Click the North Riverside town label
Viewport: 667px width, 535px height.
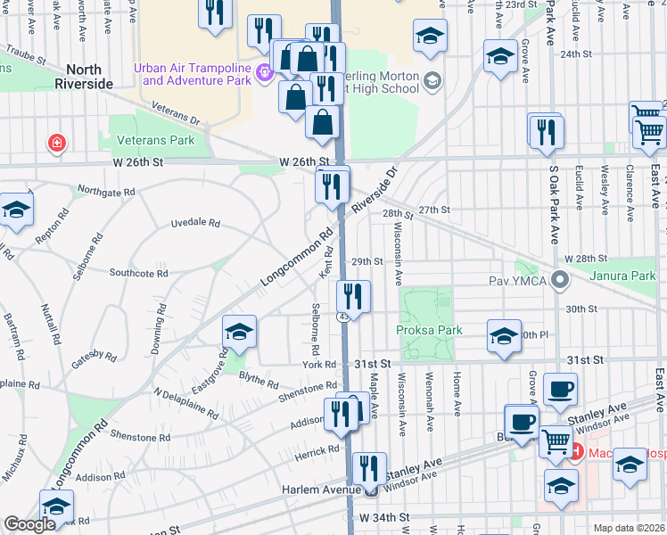coord(89,77)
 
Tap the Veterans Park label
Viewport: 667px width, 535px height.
coord(156,141)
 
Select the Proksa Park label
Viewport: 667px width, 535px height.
coord(430,330)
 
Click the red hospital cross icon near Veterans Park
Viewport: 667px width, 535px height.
coord(57,142)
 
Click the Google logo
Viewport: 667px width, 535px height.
coord(29,524)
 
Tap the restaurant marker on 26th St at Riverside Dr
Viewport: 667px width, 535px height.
coord(332,186)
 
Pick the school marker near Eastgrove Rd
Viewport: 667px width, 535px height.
coord(239,333)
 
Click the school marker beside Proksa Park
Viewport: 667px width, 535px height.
coord(504,337)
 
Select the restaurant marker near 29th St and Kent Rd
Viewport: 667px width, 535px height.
coord(354,297)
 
